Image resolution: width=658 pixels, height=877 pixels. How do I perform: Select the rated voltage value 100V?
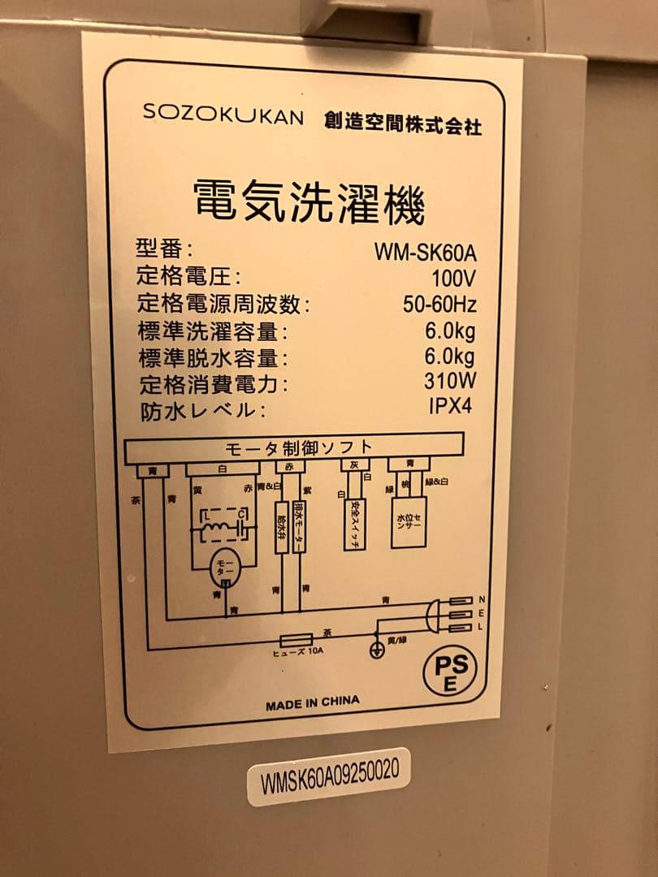click(453, 279)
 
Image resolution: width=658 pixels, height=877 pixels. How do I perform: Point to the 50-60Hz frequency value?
click(439, 305)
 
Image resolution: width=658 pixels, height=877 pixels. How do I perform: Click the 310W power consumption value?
click(450, 381)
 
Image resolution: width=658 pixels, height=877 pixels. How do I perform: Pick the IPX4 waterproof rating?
click(450, 406)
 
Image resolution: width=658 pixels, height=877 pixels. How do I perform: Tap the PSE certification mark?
click(448, 673)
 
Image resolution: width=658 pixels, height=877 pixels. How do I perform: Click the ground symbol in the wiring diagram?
click(376, 650)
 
